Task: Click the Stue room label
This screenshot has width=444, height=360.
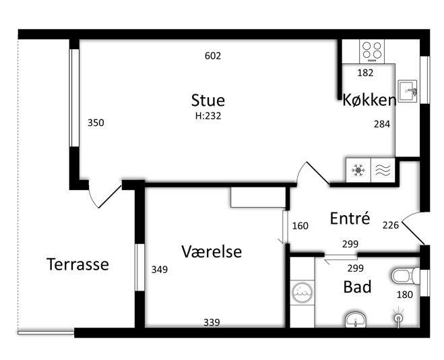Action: tap(208, 100)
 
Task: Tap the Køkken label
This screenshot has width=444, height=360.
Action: tap(369, 100)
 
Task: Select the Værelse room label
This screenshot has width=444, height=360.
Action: tap(212, 251)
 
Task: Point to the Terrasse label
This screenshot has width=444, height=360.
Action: tap(77, 264)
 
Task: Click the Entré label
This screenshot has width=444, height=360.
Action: tap(350, 218)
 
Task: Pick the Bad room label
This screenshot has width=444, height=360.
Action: tap(357, 287)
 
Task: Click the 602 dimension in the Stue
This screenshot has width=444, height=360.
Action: tap(213, 56)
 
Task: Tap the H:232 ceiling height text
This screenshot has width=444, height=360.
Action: tap(208, 116)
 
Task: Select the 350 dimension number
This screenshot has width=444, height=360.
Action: tap(96, 123)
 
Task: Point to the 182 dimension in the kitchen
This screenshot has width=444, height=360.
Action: tap(365, 73)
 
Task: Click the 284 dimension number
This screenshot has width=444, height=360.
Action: tap(382, 124)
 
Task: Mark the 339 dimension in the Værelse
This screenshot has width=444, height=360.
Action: tap(212, 322)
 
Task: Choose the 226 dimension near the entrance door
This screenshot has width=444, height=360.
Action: tap(391, 225)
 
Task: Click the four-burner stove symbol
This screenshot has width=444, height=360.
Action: tap(372, 51)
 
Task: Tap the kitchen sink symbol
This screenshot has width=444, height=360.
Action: tap(408, 91)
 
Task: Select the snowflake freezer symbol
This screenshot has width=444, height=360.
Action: tap(358, 171)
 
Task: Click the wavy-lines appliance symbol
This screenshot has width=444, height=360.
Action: tap(383, 171)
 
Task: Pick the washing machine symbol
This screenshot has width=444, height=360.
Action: tap(303, 293)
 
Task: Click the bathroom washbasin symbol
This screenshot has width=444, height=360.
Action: tap(356, 320)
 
